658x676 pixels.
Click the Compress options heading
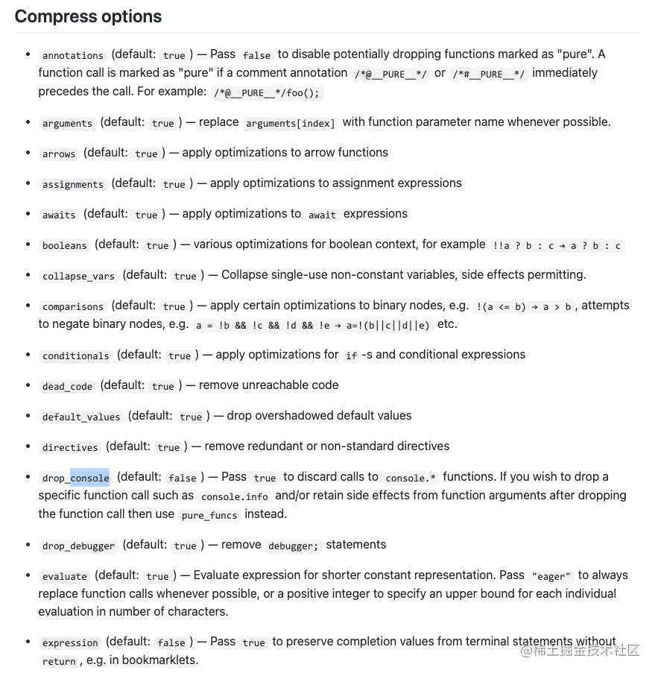[x=88, y=16]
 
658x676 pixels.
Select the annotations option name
[x=73, y=55]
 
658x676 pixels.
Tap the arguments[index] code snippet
[x=291, y=123]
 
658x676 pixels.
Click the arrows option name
[x=59, y=154]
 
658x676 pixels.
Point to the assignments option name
[x=73, y=184]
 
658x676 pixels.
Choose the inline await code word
[x=322, y=215]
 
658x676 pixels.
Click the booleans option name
[x=65, y=245]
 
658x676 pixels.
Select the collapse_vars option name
[x=78, y=276]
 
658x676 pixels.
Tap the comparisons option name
[x=73, y=306]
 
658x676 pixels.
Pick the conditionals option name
[x=76, y=356]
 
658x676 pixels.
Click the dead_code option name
[x=68, y=386]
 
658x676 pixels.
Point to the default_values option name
[x=81, y=417]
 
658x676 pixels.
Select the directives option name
[x=70, y=447]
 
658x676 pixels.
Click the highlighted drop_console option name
[x=76, y=478]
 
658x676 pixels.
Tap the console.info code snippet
[x=234, y=496]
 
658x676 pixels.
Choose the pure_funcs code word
[x=209, y=515]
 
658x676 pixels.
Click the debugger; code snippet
[x=293, y=546]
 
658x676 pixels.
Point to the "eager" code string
[x=551, y=576]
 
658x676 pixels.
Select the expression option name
[x=70, y=642]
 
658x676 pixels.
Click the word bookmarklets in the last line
[x=162, y=660]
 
